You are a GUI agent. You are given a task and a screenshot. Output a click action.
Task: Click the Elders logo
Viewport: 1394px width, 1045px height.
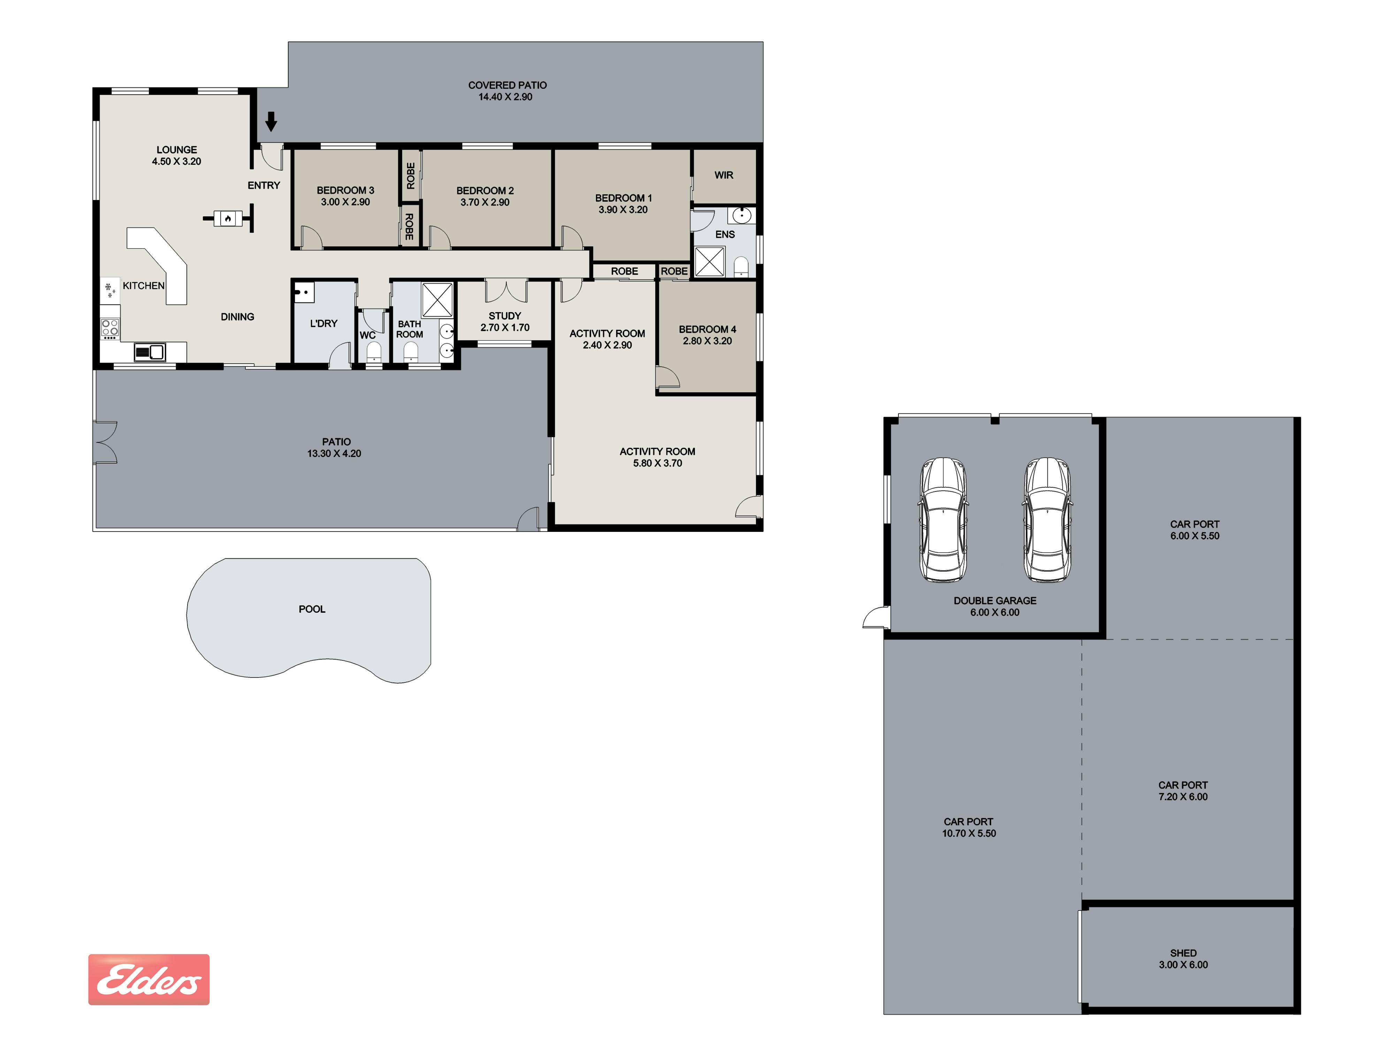pyautogui.click(x=149, y=979)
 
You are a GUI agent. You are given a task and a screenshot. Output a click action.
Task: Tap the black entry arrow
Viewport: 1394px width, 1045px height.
pyautogui.click(x=271, y=121)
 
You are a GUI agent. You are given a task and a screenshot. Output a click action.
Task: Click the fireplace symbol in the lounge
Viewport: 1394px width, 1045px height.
pyautogui.click(x=228, y=218)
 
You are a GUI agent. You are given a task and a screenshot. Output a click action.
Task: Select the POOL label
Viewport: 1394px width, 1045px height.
pyautogui.click(x=312, y=609)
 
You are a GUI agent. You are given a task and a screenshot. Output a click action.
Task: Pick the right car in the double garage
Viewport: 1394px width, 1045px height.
pyautogui.click(x=1047, y=520)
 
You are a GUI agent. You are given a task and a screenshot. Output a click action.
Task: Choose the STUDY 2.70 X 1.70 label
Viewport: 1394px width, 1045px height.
pyautogui.click(x=505, y=321)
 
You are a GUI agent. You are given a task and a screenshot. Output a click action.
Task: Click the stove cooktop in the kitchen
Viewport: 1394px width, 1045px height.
pyautogui.click(x=110, y=327)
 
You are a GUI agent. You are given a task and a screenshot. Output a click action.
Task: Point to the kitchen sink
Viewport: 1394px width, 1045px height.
pyautogui.click(x=150, y=351)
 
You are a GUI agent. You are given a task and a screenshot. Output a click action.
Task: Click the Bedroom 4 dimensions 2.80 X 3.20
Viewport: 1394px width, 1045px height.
pyautogui.click(x=707, y=341)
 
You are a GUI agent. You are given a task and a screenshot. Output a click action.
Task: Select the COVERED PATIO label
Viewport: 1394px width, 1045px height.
pyautogui.click(x=507, y=85)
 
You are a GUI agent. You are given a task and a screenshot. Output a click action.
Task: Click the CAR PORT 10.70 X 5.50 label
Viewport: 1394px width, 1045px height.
pyautogui.click(x=968, y=827)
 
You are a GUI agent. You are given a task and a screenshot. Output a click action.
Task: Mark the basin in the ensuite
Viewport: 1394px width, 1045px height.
pyautogui.click(x=742, y=215)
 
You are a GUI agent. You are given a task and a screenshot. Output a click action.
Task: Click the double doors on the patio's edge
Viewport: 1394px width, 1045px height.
pyautogui.click(x=105, y=442)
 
